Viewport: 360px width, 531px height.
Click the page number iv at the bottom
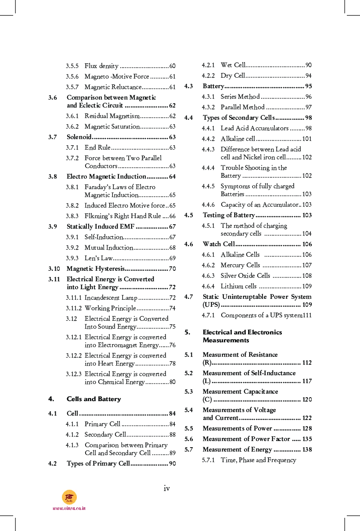pos(167,488)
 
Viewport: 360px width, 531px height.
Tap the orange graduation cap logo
pos(69,497)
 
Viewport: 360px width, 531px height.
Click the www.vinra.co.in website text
pos(69,508)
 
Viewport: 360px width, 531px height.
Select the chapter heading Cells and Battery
pos(94,399)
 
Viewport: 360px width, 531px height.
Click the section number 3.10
pos(54,269)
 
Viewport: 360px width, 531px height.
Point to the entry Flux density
pos(101,66)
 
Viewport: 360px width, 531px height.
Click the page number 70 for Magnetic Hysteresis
pos(172,269)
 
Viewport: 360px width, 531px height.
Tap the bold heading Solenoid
pos(79,137)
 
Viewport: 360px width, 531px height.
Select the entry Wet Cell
pos(233,65)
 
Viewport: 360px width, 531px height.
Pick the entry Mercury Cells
pos(240,265)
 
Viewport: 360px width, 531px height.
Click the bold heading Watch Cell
pos(219,244)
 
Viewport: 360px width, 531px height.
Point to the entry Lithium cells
pos(238,286)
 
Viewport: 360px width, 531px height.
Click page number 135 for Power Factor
pos(307,439)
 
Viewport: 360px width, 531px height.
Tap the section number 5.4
pos(189,410)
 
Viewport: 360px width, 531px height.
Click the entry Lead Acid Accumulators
pos(254,128)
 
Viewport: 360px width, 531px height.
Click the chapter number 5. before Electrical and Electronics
pos(187,332)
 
